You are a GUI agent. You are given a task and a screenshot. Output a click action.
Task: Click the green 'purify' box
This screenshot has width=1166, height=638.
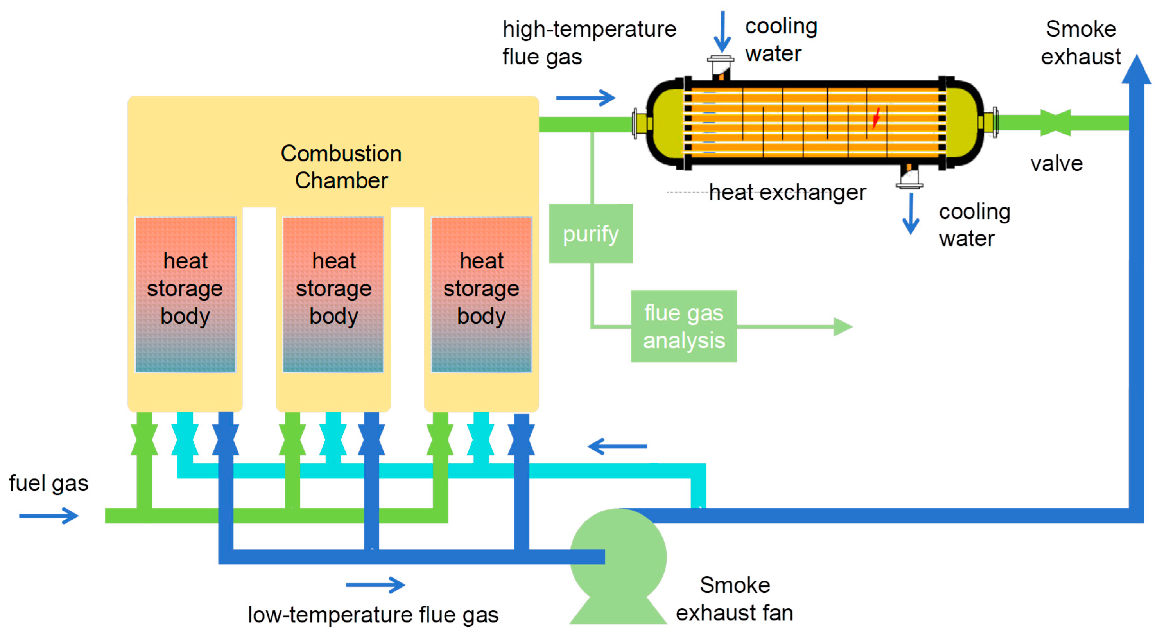(591, 234)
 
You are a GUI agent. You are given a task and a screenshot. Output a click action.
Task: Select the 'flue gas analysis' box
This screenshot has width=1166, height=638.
(684, 327)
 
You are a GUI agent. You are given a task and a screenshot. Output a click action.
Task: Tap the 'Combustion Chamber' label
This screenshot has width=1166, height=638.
(341, 167)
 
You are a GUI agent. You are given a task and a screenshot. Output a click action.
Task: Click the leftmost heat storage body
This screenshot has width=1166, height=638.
(185, 294)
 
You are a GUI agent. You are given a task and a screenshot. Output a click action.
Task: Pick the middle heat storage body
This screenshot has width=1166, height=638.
(333, 294)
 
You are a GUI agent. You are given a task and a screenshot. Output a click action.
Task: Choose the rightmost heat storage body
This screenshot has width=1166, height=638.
(481, 294)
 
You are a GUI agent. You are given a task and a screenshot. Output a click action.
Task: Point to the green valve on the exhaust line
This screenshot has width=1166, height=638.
(1056, 123)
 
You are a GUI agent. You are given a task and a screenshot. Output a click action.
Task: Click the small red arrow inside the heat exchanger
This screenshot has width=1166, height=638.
(876, 118)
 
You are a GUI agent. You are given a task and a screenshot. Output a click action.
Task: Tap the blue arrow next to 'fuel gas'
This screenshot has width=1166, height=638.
(49, 516)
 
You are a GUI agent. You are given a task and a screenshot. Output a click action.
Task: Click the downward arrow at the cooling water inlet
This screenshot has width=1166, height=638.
(722, 32)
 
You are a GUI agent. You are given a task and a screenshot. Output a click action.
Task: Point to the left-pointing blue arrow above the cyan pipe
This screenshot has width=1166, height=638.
(618, 446)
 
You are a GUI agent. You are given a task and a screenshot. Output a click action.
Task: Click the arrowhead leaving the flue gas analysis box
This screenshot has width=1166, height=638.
(843, 327)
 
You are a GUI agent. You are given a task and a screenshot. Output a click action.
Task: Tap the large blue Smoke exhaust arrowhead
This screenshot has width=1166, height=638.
(1136, 70)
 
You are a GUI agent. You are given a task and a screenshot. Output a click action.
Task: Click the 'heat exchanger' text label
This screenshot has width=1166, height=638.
(787, 192)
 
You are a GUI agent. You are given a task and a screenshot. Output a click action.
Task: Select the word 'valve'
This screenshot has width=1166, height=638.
(1057, 164)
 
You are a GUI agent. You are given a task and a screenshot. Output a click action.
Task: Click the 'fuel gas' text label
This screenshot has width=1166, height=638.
(49, 483)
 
